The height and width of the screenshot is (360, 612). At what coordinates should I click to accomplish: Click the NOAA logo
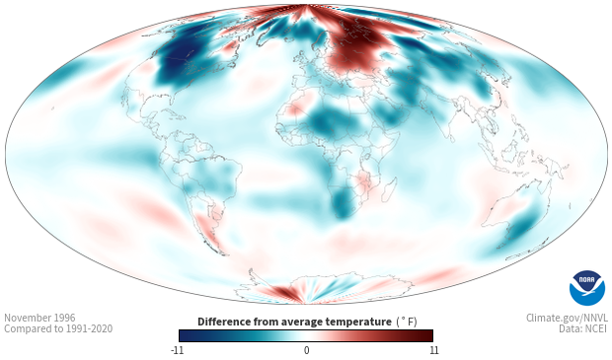(587, 288)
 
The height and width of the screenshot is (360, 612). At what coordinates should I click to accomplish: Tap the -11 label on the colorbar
(177, 350)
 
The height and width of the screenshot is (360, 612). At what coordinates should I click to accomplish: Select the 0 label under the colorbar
(306, 350)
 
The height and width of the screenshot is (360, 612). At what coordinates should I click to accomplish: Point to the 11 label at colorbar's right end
(434, 350)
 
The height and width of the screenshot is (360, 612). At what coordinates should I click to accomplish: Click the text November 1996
(39, 318)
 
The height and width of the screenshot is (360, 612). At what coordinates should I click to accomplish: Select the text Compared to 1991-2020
(58, 328)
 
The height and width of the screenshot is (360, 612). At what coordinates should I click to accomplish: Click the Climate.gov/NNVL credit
(567, 318)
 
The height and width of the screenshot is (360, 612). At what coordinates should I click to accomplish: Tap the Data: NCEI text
(583, 328)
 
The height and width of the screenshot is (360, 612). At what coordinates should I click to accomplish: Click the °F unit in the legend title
(407, 322)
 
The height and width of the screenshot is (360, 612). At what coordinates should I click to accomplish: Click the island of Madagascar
(389, 189)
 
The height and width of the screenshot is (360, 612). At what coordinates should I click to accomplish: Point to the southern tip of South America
(224, 254)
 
